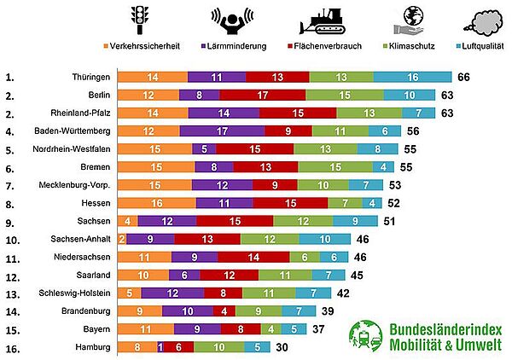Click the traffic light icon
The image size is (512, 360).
tap(139, 19)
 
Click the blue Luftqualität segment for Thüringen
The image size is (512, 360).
tap(412, 77)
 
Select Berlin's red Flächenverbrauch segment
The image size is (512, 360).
tap(264, 95)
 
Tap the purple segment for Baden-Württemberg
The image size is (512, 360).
tap(222, 131)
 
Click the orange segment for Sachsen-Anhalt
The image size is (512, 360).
tap(122, 239)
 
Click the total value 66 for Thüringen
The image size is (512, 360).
tap(464, 77)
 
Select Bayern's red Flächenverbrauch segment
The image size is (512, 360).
tap(240, 329)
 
